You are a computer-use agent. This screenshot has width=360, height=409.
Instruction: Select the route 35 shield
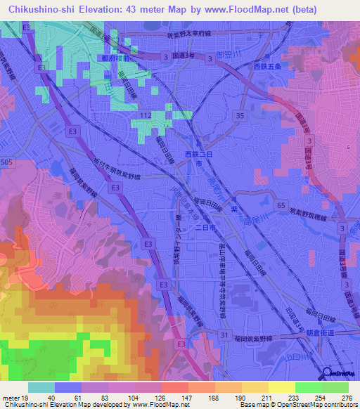[x=240, y=115]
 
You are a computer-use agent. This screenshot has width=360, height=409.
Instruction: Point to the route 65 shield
[x=282, y=204]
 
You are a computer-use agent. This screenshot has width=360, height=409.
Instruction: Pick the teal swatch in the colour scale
[x=41, y=387]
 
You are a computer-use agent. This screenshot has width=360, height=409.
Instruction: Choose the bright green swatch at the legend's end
[x=335, y=387]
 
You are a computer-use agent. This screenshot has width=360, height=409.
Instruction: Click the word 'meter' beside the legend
[x=10, y=397]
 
